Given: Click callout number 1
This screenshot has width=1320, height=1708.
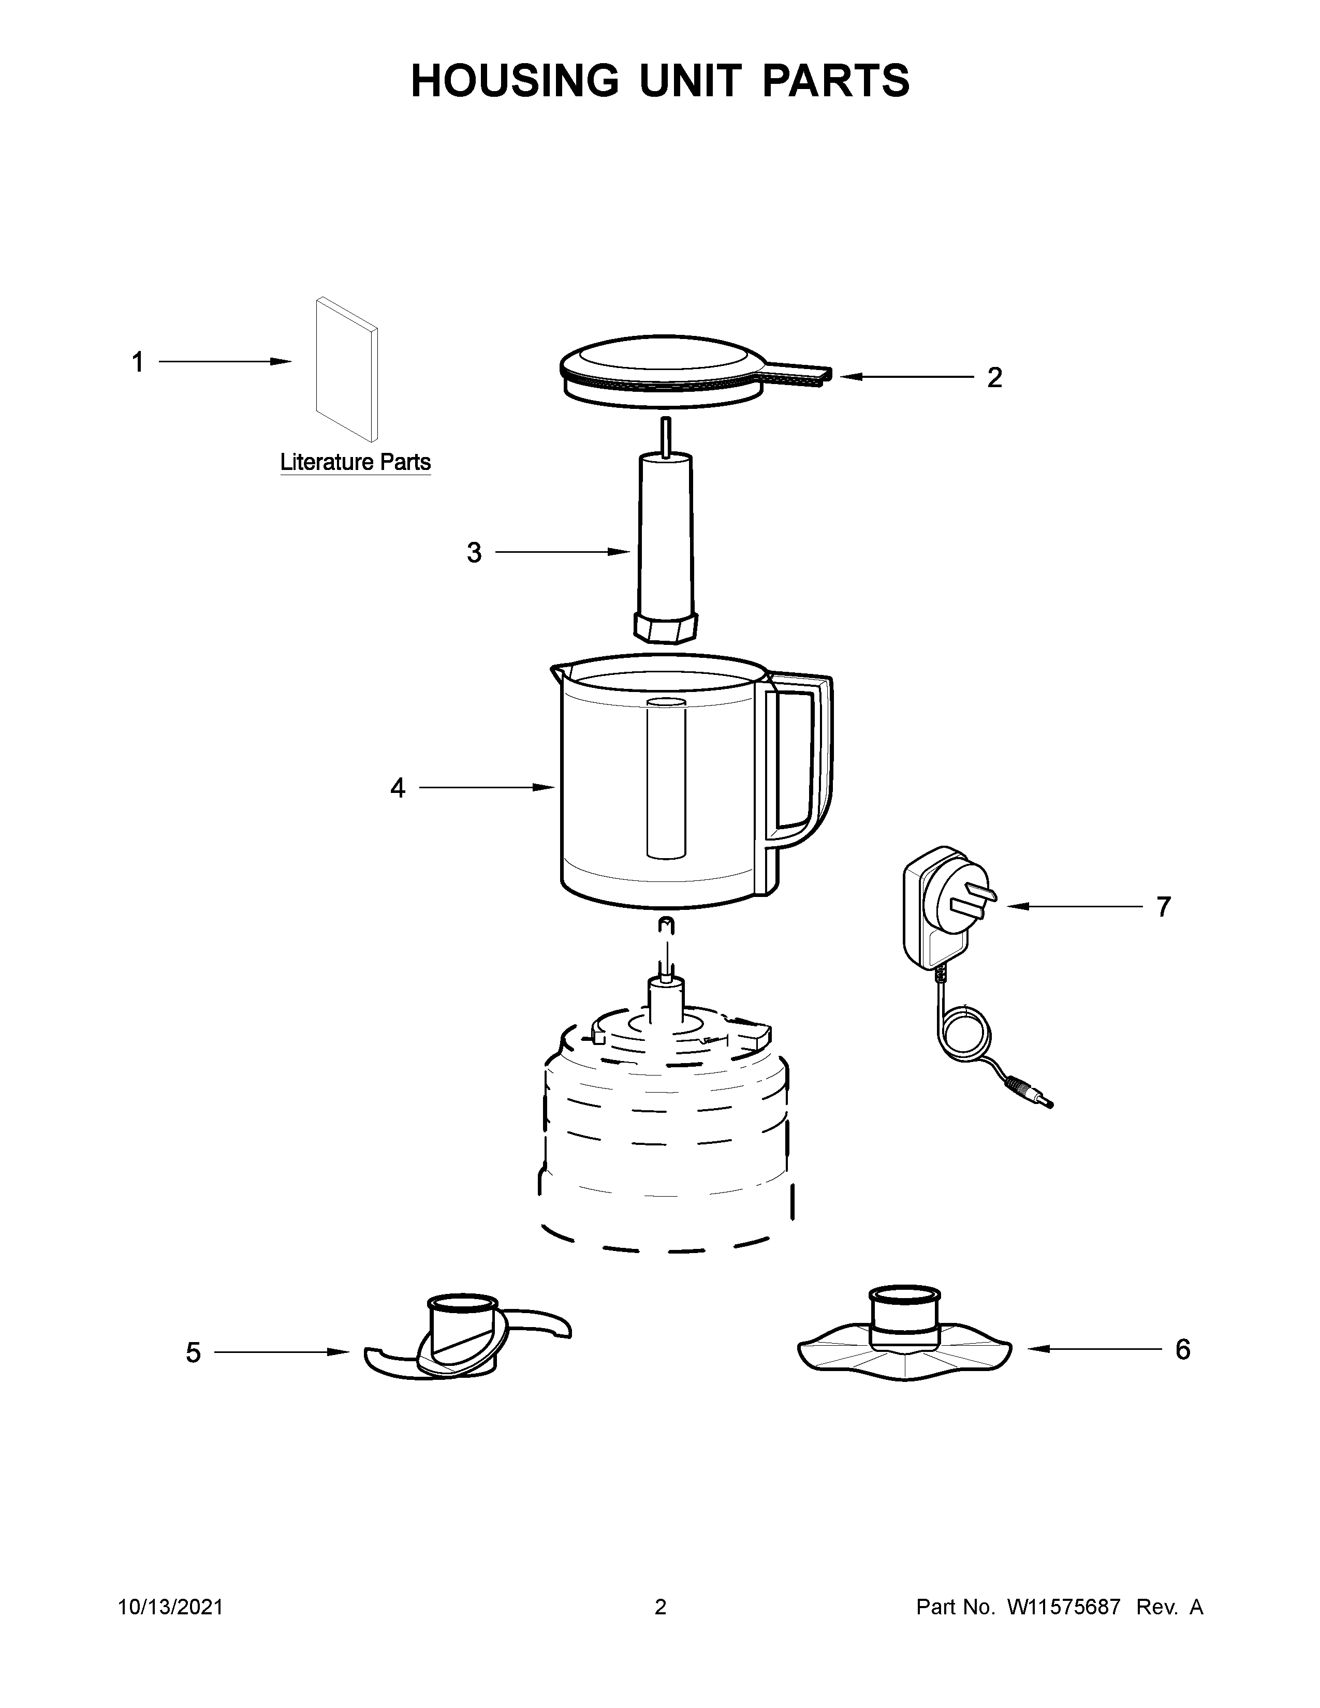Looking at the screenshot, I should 138,363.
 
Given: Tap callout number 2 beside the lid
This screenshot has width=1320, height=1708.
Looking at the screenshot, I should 994,378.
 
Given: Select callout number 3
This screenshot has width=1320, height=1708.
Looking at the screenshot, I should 474,553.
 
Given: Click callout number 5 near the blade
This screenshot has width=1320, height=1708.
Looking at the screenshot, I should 193,1352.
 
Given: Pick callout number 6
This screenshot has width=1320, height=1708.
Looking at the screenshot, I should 1182,1349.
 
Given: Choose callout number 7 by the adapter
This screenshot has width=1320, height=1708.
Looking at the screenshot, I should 1164,907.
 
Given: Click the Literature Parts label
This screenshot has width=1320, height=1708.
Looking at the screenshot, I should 355,462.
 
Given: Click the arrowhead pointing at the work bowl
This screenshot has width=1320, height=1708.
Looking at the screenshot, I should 544,788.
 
